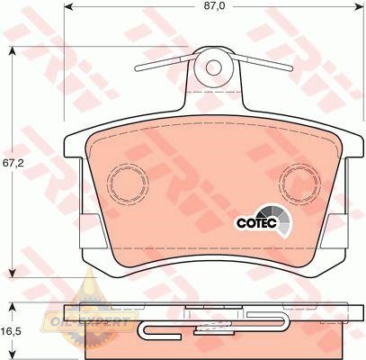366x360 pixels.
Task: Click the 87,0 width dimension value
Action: coord(214,6)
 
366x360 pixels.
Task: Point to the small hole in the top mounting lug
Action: coord(213,67)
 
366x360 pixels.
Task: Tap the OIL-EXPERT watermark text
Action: coord(89,322)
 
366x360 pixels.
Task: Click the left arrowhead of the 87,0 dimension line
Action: coord(69,5)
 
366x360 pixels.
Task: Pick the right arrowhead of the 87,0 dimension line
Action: coord(359,5)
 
